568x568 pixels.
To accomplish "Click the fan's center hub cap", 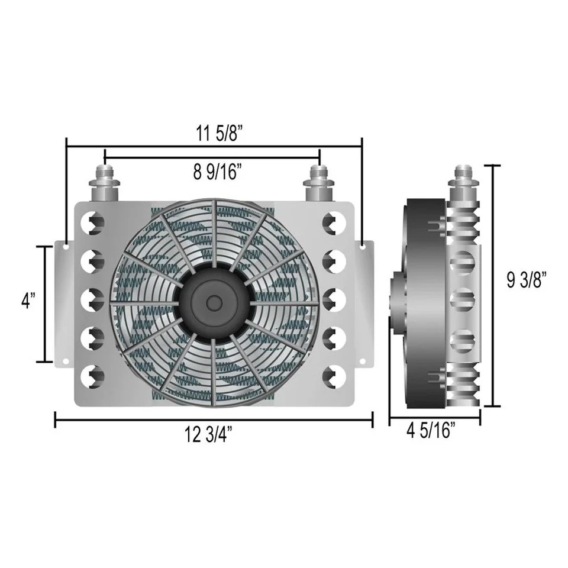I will coord(212,301).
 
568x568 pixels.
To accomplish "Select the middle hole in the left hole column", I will coord(95,299).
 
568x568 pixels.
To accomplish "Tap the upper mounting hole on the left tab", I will coord(66,244).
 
